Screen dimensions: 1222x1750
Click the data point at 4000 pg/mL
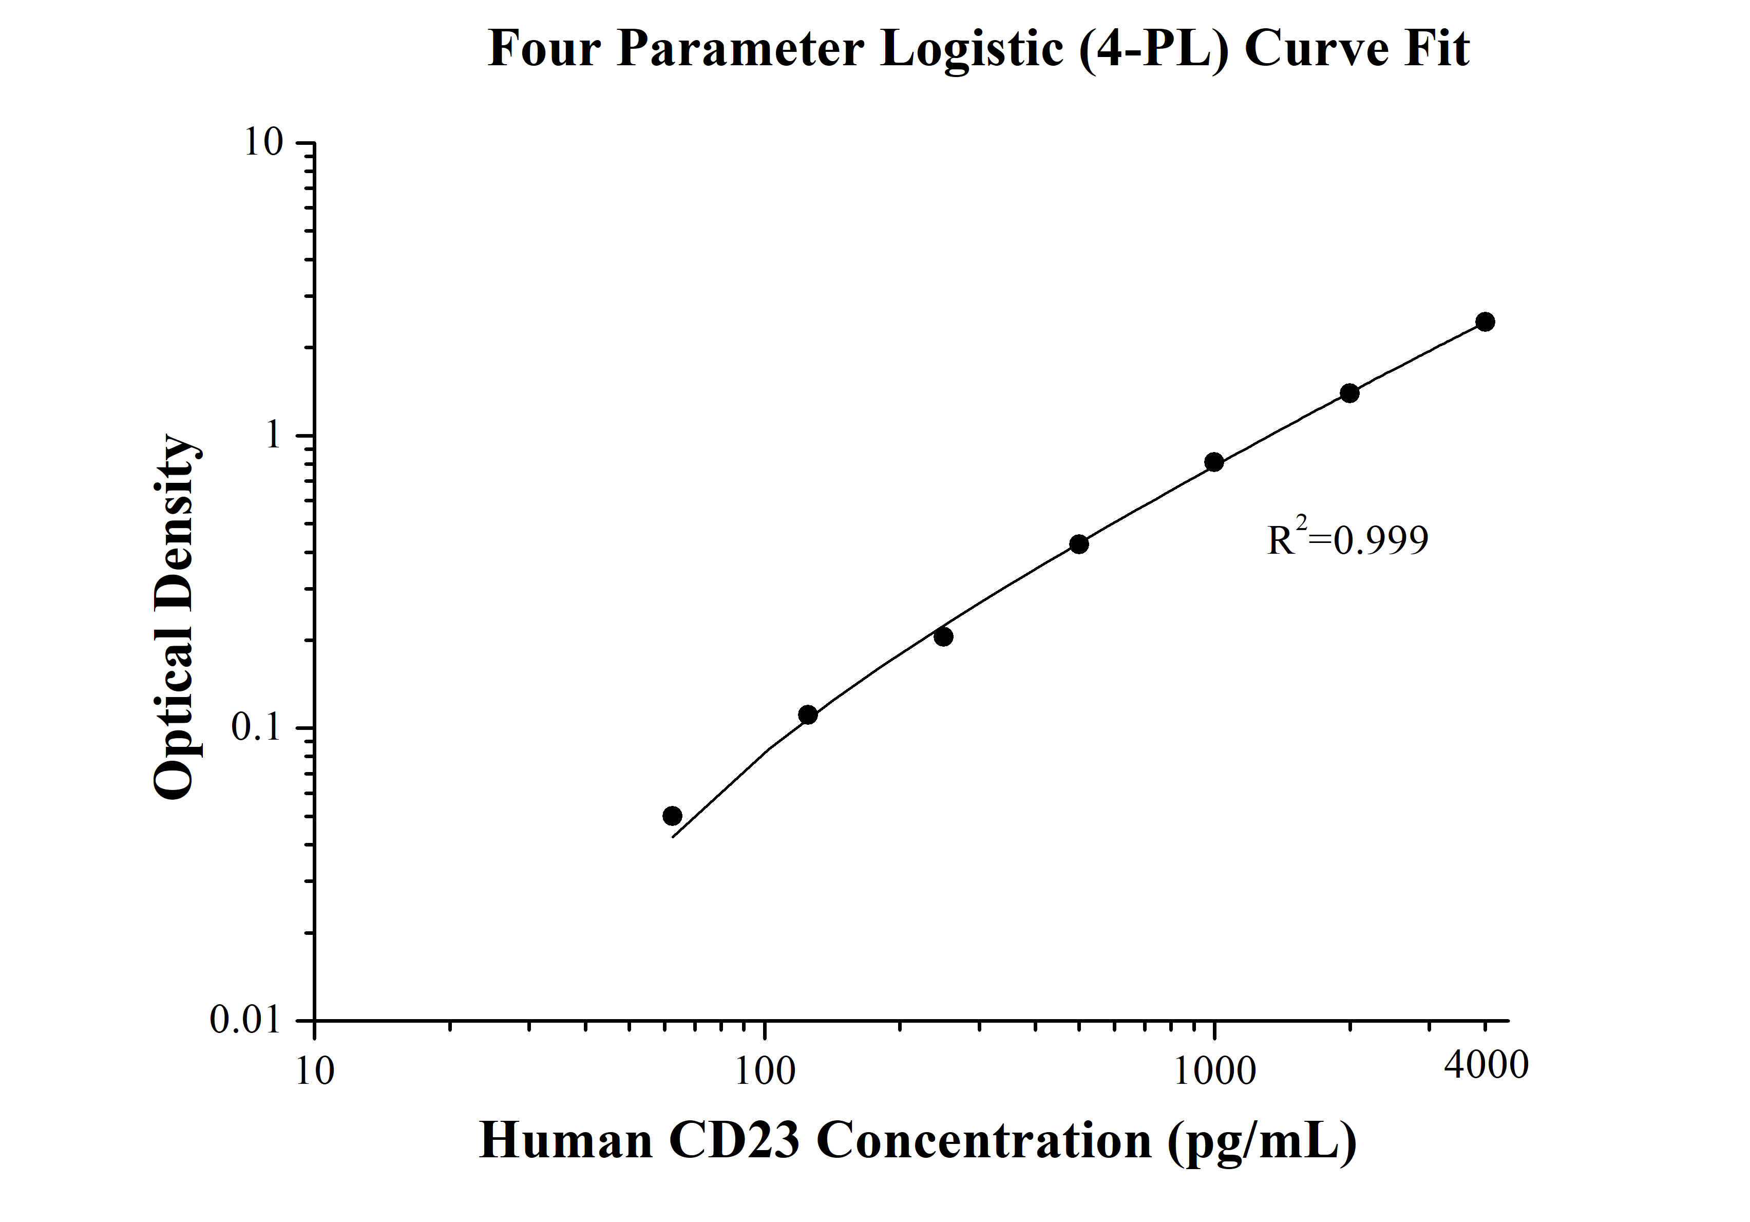click(1485, 322)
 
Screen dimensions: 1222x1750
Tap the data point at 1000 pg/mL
click(1214, 462)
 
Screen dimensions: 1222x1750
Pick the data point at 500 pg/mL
click(1078, 544)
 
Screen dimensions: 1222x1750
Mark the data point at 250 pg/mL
click(944, 636)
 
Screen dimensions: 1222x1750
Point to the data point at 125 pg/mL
click(808, 715)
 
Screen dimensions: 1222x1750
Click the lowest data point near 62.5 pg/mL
click(672, 816)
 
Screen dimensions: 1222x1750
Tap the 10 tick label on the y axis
click(263, 143)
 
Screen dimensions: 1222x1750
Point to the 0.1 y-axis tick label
click(257, 728)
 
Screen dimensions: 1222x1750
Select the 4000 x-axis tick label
click(1486, 1065)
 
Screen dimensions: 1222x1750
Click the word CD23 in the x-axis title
click(734, 1142)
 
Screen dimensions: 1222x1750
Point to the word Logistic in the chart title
click(972, 49)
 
